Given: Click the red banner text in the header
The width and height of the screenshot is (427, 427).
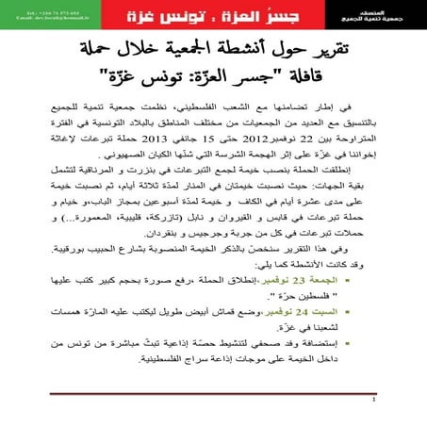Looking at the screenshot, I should point(213,17).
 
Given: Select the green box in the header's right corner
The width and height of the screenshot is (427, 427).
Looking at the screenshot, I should point(364,15).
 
